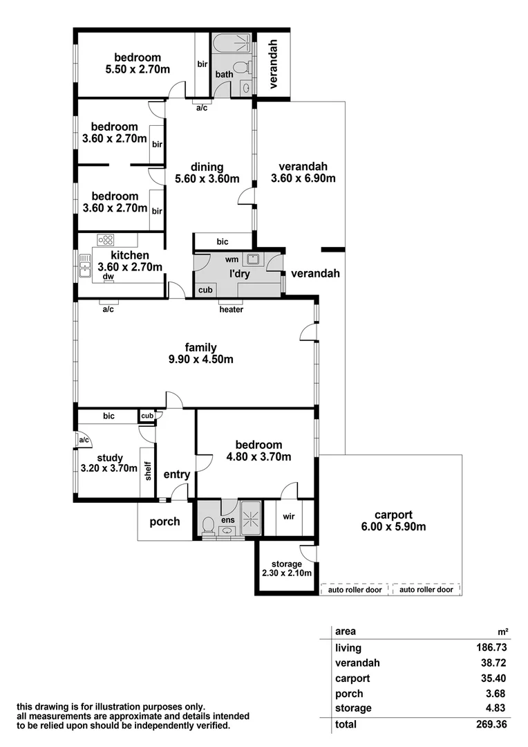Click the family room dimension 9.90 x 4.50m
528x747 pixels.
pyautogui.click(x=200, y=360)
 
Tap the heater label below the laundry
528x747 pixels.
pyautogui.click(x=231, y=309)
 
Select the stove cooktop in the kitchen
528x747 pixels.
pyautogui.click(x=106, y=240)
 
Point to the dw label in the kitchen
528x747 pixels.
pyautogui.click(x=108, y=277)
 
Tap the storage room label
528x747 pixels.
pyautogui.click(x=286, y=564)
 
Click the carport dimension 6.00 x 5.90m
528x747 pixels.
pyautogui.click(x=393, y=527)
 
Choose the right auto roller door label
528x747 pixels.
pyautogui.click(x=426, y=590)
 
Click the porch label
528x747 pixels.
pyautogui.click(x=164, y=522)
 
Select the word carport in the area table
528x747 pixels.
pyautogui.click(x=352, y=678)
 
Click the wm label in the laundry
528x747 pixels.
pyautogui.click(x=232, y=260)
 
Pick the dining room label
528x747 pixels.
pyautogui.click(x=207, y=167)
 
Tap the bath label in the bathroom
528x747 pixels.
pyautogui.click(x=224, y=74)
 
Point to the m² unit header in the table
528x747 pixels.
pyautogui.click(x=503, y=631)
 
